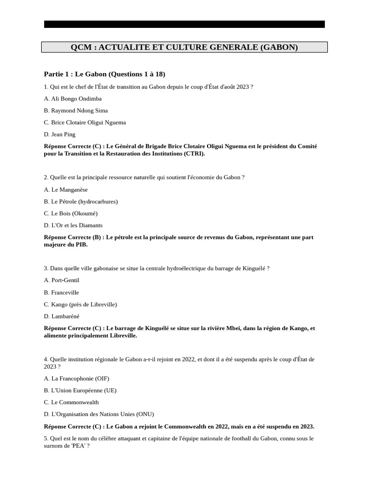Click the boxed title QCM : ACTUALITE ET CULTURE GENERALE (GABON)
tap(184, 47)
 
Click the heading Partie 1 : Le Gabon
tap(104, 74)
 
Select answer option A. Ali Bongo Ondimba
tap(73, 98)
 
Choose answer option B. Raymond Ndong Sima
tap(75, 111)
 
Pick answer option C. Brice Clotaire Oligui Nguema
tap(85, 123)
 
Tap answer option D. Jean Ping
tap(60, 135)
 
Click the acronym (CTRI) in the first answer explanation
tap(194, 154)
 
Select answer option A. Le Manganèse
tap(66, 190)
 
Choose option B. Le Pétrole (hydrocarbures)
tap(81, 201)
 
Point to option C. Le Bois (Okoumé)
tap(71, 213)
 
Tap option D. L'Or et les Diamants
tap(73, 225)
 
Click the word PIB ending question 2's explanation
tap(81, 245)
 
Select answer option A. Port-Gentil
tap(61, 280)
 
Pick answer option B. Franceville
tap(61, 292)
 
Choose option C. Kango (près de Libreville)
tap(80, 304)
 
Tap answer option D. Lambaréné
tap(61, 316)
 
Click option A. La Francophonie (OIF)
tap(76, 379)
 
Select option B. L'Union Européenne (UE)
tap(80, 391)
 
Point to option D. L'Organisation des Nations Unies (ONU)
tap(99, 414)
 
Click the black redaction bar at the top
tap(184, 24)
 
